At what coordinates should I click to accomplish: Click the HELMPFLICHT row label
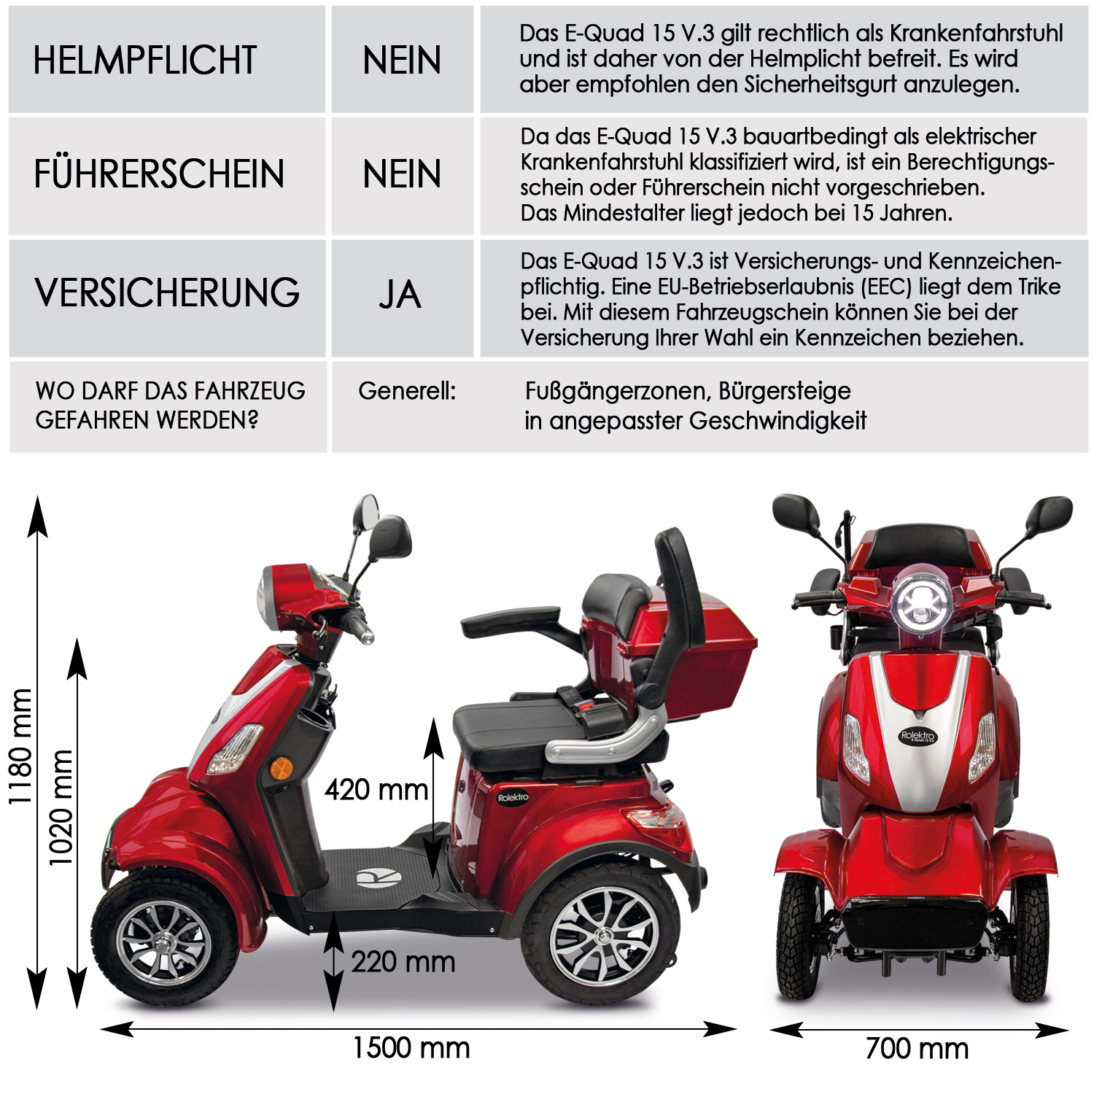pos(144,60)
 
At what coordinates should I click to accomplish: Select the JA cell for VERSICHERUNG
pos(400,295)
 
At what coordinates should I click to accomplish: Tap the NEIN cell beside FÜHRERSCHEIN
pos(402,174)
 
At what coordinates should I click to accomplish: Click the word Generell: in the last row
pos(406,392)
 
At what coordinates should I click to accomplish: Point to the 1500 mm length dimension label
pos(411,1048)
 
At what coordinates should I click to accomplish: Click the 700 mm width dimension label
pos(917,1049)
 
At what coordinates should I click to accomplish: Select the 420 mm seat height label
pos(376,790)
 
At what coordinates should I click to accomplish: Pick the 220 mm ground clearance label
pos(403,962)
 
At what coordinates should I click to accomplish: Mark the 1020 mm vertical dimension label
pos(61,807)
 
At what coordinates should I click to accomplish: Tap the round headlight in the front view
pos(921,602)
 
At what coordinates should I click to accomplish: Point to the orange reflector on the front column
pos(281,767)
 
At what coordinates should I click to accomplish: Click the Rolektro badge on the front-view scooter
pos(918,735)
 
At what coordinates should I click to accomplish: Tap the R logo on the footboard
pos(379,877)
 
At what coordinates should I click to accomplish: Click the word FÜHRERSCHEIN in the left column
pos(159,174)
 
